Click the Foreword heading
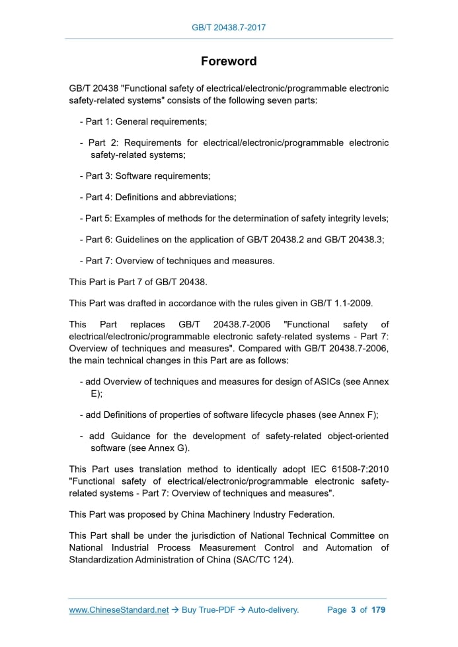[x=229, y=61]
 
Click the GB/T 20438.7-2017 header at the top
[x=229, y=28]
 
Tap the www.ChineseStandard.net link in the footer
[x=119, y=610]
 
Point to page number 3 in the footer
[x=354, y=610]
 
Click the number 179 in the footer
[x=378, y=610]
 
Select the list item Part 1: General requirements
[x=143, y=122]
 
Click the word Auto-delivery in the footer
[x=273, y=610]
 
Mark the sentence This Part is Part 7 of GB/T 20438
[x=138, y=282]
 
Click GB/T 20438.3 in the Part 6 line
[x=354, y=240]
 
